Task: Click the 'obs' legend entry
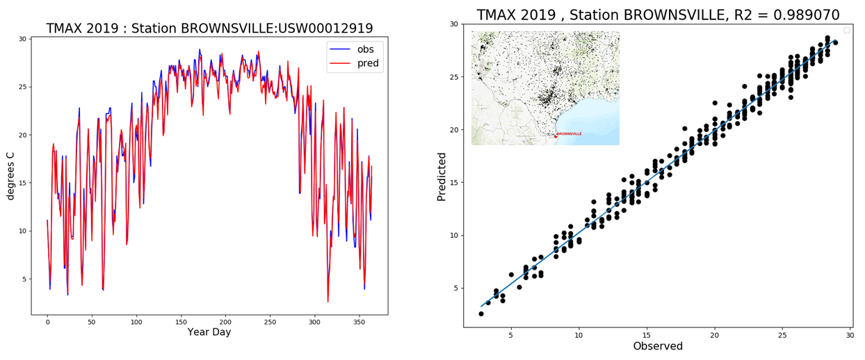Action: (x=365, y=49)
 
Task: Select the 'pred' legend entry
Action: (x=368, y=63)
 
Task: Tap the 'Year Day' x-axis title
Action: (x=209, y=332)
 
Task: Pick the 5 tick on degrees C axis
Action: (x=23, y=279)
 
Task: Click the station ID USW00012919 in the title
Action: (x=322, y=28)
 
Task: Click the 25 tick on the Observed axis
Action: (x=782, y=334)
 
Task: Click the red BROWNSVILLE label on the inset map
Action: (x=569, y=133)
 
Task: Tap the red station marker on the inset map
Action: (x=555, y=136)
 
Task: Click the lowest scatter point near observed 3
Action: (x=481, y=313)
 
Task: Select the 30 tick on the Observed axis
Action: (x=850, y=334)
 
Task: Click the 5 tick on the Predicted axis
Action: (x=455, y=288)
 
